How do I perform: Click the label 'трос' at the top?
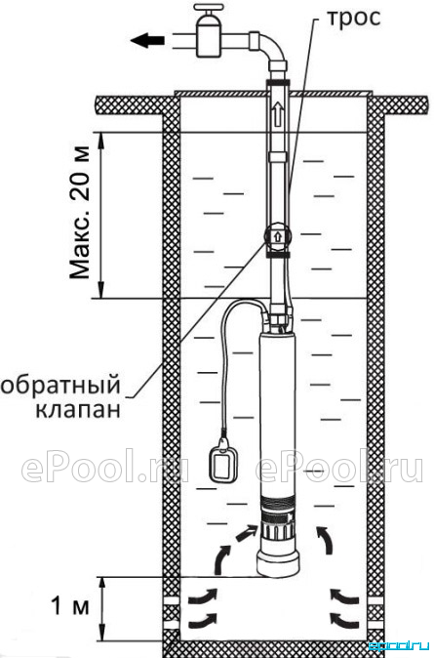click(x=353, y=19)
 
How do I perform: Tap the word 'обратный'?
click(x=60, y=386)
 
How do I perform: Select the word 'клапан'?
click(x=77, y=410)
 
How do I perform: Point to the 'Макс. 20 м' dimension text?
click(x=80, y=213)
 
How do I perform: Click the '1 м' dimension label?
click(x=69, y=606)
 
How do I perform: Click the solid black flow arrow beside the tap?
click(x=147, y=41)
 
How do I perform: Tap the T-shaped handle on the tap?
click(x=211, y=10)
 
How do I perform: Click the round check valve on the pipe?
click(x=277, y=236)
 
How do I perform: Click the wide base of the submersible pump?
click(x=278, y=562)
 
